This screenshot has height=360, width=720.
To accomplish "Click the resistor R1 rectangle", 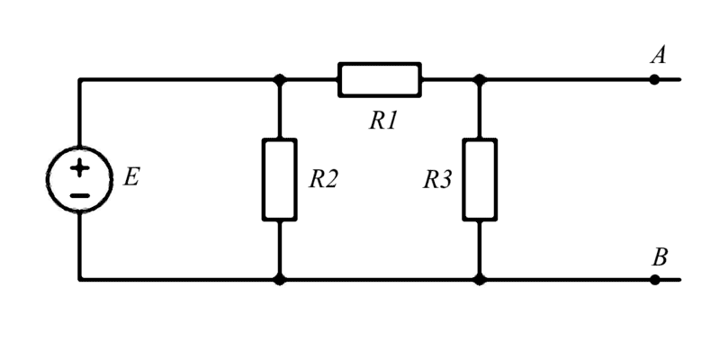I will pyautogui.click(x=379, y=79).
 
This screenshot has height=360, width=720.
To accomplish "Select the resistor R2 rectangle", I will pyautogui.click(x=279, y=179).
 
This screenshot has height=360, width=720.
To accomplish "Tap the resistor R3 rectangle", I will pyautogui.click(x=480, y=179).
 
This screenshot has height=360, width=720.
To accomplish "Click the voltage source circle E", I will pyautogui.click(x=80, y=179).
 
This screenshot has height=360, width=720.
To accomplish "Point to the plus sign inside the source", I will pyautogui.click(x=80, y=166).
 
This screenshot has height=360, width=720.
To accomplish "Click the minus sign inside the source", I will pyautogui.click(x=80, y=194).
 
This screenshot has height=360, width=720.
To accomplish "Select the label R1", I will pyautogui.click(x=383, y=121).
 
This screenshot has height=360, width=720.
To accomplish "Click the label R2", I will pyautogui.click(x=323, y=179).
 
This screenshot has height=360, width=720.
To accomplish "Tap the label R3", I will pyautogui.click(x=437, y=179).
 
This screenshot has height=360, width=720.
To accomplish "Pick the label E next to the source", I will pyautogui.click(x=131, y=177).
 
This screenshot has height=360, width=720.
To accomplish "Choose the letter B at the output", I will pyautogui.click(x=660, y=257).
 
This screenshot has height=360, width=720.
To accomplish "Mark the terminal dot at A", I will pyautogui.click(x=654, y=79).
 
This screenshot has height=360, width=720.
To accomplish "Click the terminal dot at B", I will pyautogui.click(x=654, y=279).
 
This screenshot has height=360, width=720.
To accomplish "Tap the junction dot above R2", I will pyautogui.click(x=279, y=79).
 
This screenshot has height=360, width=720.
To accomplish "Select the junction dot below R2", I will pyautogui.click(x=279, y=279).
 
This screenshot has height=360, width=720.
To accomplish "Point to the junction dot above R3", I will pyautogui.click(x=480, y=79).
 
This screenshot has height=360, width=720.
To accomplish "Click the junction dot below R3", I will pyautogui.click(x=480, y=279).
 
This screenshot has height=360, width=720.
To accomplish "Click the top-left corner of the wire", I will pyautogui.click(x=80, y=79).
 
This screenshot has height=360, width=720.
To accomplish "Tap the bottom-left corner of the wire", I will pyautogui.click(x=80, y=279).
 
